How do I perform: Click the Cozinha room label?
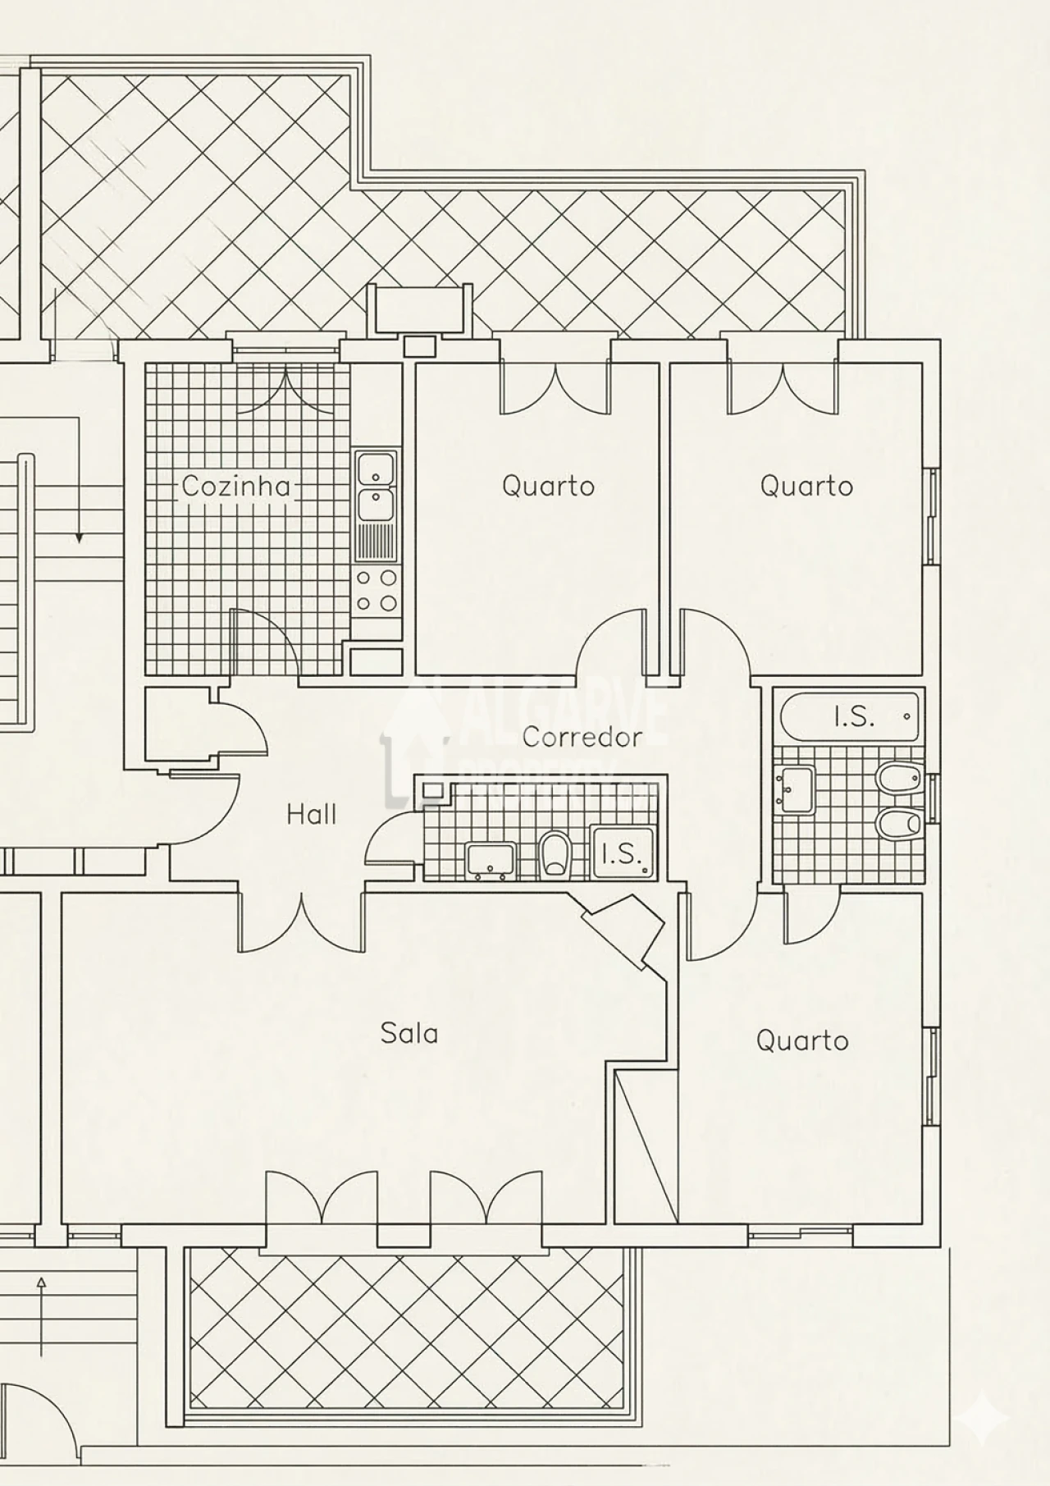[236, 487]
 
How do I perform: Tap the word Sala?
[409, 1033]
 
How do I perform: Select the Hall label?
[312, 815]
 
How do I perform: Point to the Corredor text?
[582, 737]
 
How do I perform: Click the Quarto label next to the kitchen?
[548, 486]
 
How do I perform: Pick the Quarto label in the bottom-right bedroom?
[801, 1041]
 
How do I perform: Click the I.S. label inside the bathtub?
[854, 717]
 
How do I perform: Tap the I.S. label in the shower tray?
[621, 854]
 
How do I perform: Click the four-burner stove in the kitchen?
[377, 591]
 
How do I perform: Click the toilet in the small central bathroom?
[555, 854]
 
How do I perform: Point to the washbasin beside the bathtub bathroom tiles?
[796, 789]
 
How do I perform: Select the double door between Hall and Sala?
[302, 923]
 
